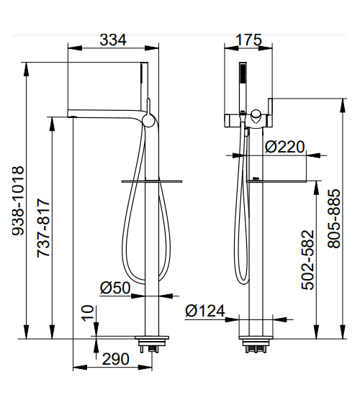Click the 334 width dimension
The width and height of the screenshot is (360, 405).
(x=113, y=40)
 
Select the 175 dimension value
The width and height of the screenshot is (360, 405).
(x=248, y=40)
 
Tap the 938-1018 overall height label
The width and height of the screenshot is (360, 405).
(x=18, y=201)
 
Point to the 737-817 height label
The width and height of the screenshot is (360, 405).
(x=43, y=228)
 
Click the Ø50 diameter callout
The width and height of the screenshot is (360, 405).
(x=115, y=288)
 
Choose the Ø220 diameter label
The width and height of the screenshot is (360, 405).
(x=285, y=147)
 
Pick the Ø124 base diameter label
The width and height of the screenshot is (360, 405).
(x=205, y=311)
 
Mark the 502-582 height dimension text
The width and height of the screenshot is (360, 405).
(x=307, y=260)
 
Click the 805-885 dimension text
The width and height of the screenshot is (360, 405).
(x=334, y=219)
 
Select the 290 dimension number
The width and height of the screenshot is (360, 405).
(x=115, y=359)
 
